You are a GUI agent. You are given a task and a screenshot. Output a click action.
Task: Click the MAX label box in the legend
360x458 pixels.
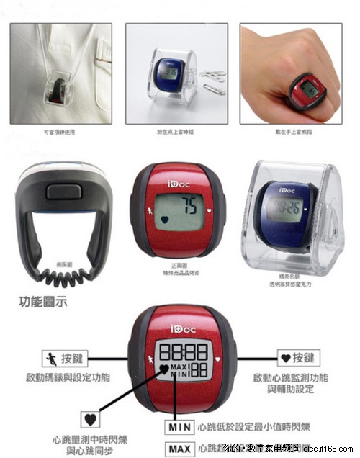[179, 449]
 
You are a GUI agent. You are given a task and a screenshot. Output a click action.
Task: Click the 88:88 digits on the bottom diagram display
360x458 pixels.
[183, 351]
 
